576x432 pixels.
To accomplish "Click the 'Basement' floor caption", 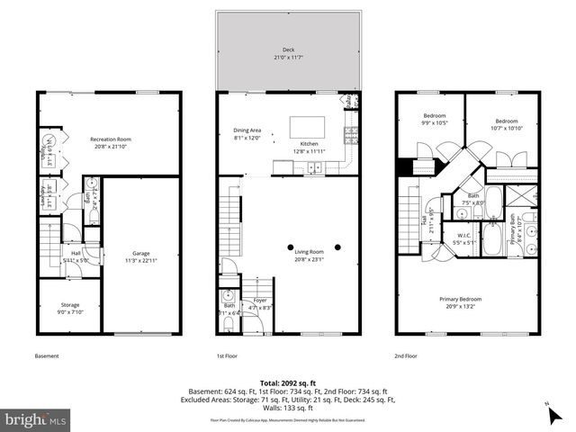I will pos(47,355).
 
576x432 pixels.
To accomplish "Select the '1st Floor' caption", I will pos(228,355).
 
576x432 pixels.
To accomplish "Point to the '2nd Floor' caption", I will pos(407,355).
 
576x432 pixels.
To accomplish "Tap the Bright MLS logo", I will pos(36,419).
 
